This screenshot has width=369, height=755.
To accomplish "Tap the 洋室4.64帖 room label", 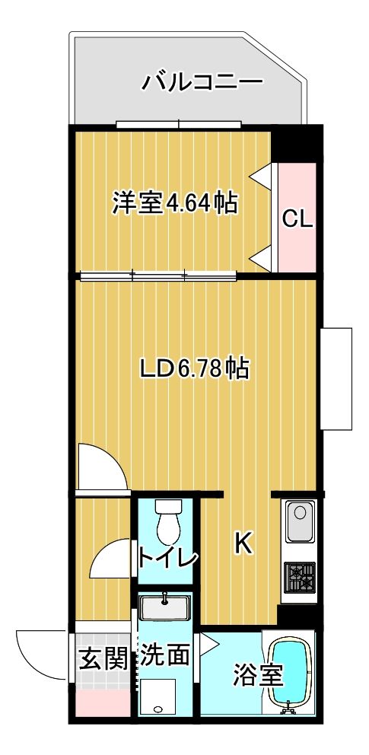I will point(175,203).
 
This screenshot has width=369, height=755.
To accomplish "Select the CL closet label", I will point(297,219).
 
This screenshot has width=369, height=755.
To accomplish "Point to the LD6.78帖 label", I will point(194,369).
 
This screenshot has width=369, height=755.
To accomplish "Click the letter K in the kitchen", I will point(243,543).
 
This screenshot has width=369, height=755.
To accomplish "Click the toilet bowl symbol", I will point(167,523).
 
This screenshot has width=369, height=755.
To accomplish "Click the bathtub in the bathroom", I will point(290,671).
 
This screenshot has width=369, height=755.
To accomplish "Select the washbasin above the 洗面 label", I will point(164,610).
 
